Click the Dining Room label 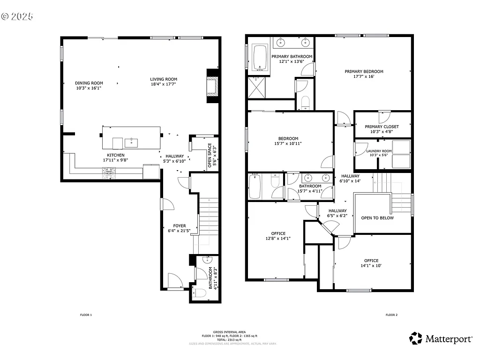[x=89, y=83]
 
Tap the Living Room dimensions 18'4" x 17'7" [x=164, y=85]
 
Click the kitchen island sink [x=131, y=142]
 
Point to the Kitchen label [x=115, y=155]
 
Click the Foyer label [x=180, y=226]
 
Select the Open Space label [x=210, y=155]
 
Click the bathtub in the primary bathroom [x=259, y=58]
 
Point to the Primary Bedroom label [x=364, y=72]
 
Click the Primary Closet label [x=382, y=127]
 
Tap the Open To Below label [x=377, y=218]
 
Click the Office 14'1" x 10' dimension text [x=371, y=266]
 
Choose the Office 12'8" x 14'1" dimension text [x=278, y=238]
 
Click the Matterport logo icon [x=415, y=338]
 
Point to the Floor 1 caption [x=86, y=315]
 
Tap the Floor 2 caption [x=391, y=315]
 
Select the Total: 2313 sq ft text [x=229, y=340]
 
